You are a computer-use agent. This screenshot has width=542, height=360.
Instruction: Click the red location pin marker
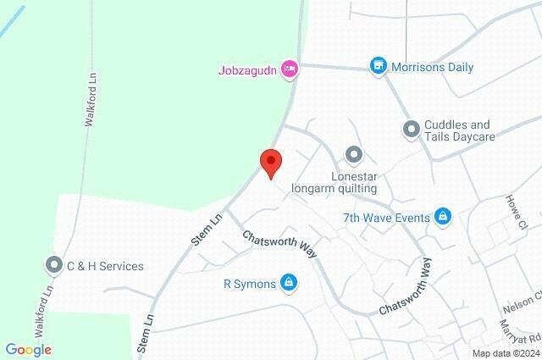(270, 162)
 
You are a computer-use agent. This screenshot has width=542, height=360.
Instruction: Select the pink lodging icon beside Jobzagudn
(290, 69)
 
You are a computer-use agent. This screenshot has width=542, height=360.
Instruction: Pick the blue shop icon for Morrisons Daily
(378, 65)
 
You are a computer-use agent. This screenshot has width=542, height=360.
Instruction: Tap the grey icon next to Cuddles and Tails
(411, 129)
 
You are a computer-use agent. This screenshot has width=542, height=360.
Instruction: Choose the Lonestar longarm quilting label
(334, 181)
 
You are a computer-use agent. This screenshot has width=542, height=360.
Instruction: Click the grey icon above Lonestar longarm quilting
(354, 154)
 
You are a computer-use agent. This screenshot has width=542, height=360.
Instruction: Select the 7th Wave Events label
(385, 218)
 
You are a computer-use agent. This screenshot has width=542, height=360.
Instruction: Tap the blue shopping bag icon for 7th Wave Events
(441, 217)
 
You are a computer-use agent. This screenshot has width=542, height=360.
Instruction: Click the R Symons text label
(250, 284)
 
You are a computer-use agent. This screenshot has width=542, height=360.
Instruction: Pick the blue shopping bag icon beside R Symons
(289, 282)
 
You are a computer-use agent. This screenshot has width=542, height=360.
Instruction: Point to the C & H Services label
(105, 266)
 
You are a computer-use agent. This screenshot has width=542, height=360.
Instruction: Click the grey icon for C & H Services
(54, 265)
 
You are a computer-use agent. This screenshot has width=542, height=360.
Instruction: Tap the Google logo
(28, 350)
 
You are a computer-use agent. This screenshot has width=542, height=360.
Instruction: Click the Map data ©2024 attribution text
(505, 353)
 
